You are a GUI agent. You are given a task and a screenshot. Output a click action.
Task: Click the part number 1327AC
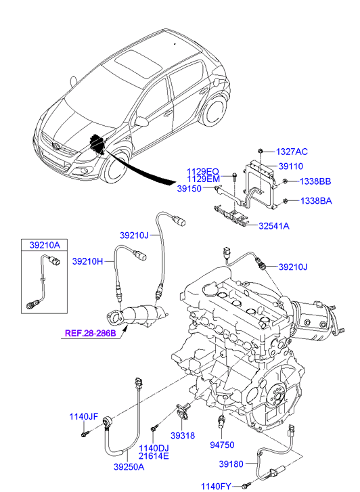click(292, 152)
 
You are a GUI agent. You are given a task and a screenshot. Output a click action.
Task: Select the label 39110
click(290, 166)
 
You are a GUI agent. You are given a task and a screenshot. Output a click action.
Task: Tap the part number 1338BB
click(315, 181)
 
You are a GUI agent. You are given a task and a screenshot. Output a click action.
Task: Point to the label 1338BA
click(316, 201)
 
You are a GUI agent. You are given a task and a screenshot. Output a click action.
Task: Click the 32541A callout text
click(274, 226)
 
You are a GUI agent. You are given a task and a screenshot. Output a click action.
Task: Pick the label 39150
click(189, 189)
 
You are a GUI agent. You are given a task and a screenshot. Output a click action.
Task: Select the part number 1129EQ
click(203, 172)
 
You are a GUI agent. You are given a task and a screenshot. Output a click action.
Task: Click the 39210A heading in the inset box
click(45, 245)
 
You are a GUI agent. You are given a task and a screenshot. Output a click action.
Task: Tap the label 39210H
click(87, 261)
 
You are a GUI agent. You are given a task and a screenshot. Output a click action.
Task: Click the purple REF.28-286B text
click(91, 333)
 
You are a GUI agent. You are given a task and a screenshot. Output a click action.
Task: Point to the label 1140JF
click(83, 417)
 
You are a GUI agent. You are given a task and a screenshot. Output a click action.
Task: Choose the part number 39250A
click(129, 467)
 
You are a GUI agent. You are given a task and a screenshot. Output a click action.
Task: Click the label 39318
click(183, 436)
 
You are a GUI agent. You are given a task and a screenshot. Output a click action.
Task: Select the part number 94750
click(222, 445)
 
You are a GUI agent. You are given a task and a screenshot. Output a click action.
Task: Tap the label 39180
click(231, 464)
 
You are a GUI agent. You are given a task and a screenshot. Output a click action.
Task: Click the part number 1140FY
click(216, 487)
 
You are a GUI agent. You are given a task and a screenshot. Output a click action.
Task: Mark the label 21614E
click(154, 456)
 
